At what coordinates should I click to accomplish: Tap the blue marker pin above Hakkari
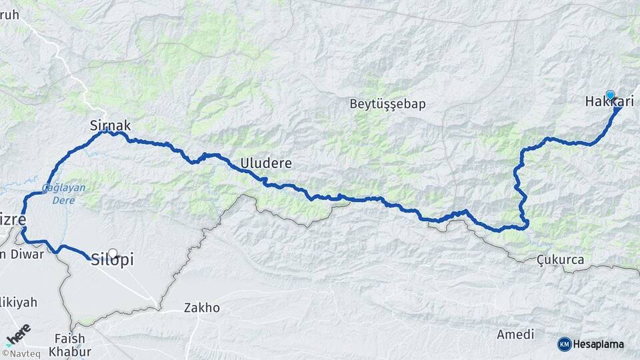pyautogui.click(x=610, y=95)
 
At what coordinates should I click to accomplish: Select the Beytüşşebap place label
pyautogui.click(x=387, y=104)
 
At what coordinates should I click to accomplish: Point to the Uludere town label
pyautogui.click(x=266, y=163)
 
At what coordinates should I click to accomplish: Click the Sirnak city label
pyautogui.click(x=110, y=125)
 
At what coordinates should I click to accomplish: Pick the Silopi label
pyautogui.click(x=111, y=261)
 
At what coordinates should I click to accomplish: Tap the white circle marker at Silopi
pyautogui.click(x=113, y=253)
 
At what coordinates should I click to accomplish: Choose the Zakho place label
pyautogui.click(x=202, y=308)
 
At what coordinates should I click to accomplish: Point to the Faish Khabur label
pyautogui.click(x=70, y=345)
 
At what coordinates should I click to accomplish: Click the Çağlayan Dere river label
pyautogui.click(x=64, y=193)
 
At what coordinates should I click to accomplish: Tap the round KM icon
pyautogui.click(x=565, y=344)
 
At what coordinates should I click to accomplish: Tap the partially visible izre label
pyautogui.click(x=13, y=219)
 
